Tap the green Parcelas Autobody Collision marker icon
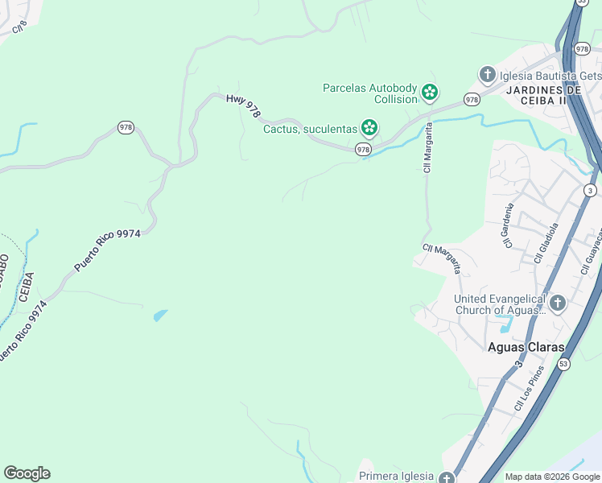tap(431, 93)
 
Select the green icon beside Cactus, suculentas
tap(369, 127)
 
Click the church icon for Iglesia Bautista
tap(486, 76)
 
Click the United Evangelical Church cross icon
tap(557, 304)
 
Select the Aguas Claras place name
tap(526, 347)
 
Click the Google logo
tap(27, 473)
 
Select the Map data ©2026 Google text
tap(552, 477)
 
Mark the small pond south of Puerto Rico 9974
tap(161, 315)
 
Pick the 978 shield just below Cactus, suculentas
tap(363, 149)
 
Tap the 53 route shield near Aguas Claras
tap(563, 365)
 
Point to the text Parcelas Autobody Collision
tap(370, 93)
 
